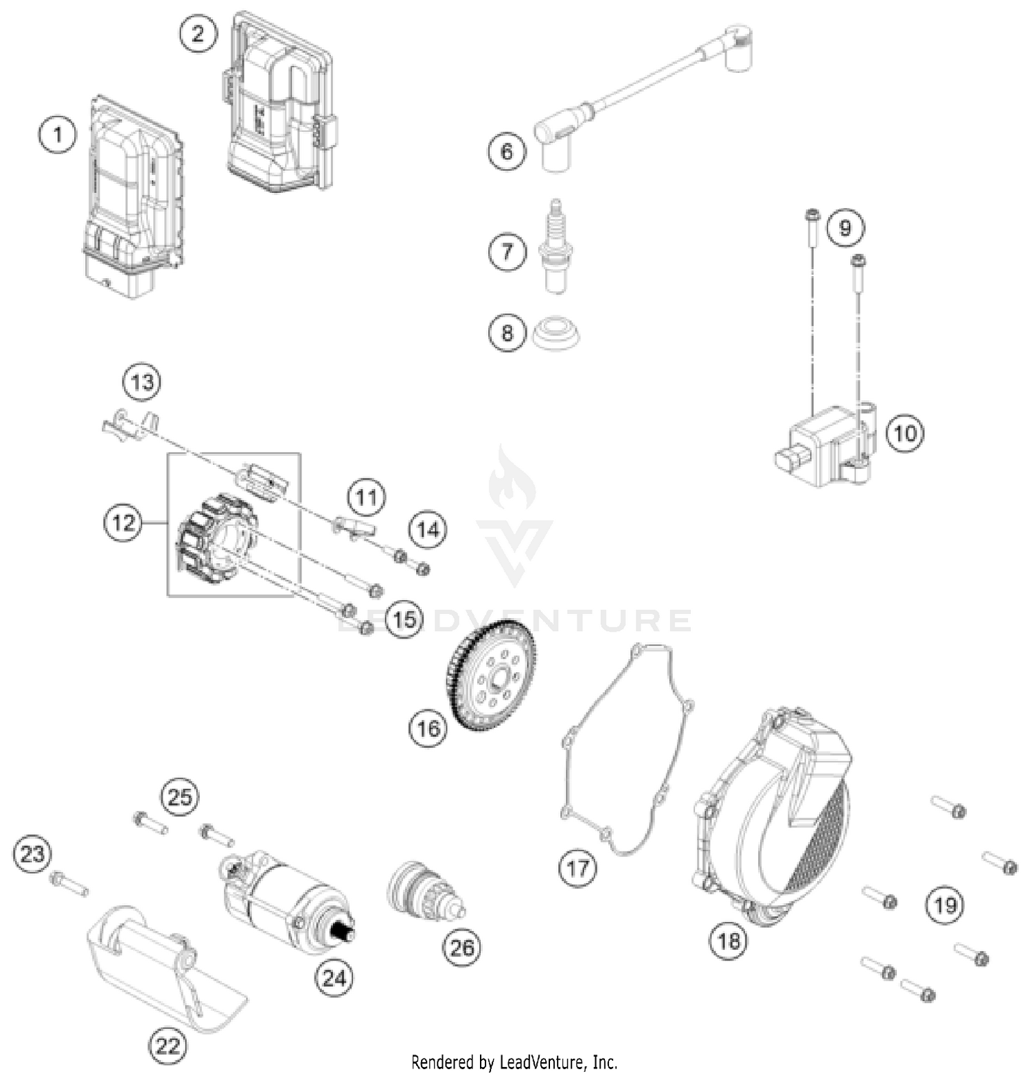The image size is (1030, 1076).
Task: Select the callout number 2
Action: (x=198, y=33)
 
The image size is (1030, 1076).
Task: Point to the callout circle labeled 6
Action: (x=507, y=151)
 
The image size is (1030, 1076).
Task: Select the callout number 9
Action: (x=845, y=227)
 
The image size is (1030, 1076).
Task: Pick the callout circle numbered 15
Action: (x=404, y=619)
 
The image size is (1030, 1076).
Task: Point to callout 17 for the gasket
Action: (x=577, y=868)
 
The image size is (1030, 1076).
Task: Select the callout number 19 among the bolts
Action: (x=945, y=906)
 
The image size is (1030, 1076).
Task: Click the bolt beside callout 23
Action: (x=69, y=884)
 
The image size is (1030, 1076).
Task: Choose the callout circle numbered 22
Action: (x=168, y=1045)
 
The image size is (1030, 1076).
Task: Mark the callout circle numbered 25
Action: (x=180, y=798)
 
